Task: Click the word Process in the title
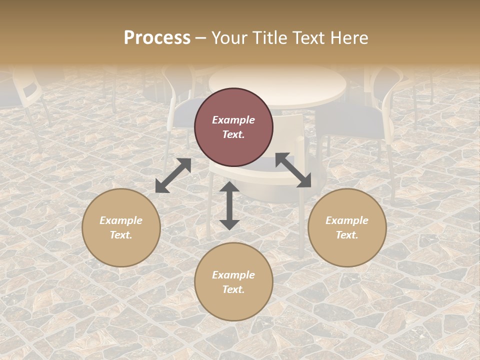pyautogui.click(x=157, y=38)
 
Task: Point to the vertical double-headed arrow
pyautogui.click(x=229, y=205)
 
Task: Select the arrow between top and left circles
pyautogui.click(x=173, y=175)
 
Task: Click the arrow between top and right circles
pyautogui.click(x=293, y=170)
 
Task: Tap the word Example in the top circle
pyautogui.click(x=233, y=120)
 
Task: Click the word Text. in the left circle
pyautogui.click(x=121, y=235)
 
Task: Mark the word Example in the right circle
pyautogui.click(x=347, y=220)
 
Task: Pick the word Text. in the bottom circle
pyautogui.click(x=233, y=289)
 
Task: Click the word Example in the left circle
pyautogui.click(x=121, y=220)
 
